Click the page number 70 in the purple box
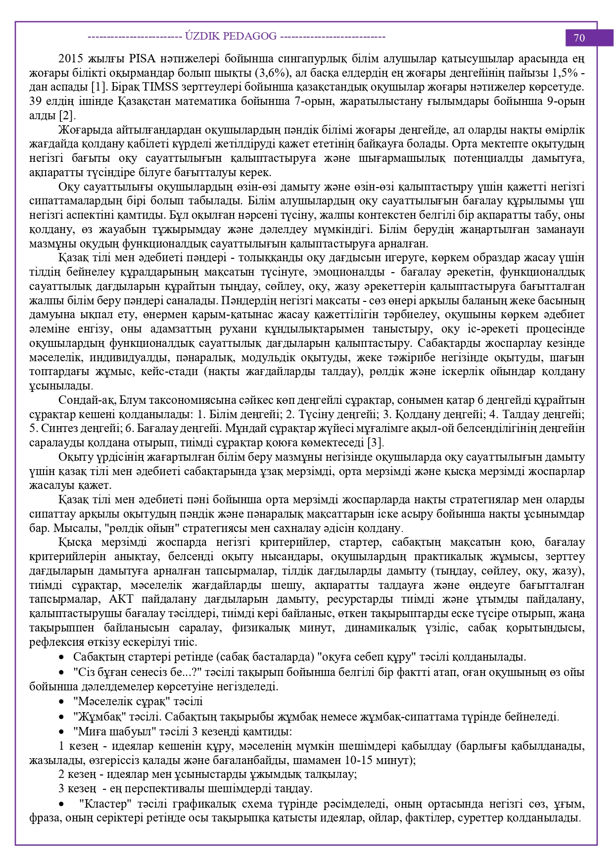point(579,38)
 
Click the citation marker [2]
point(67,116)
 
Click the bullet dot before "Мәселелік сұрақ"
point(62,702)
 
